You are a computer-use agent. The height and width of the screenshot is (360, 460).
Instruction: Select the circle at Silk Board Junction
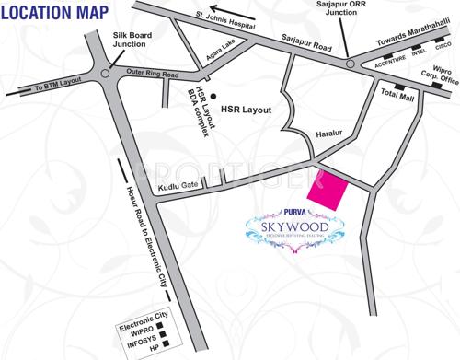[108, 72]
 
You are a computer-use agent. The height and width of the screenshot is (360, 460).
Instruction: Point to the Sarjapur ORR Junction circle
[350, 63]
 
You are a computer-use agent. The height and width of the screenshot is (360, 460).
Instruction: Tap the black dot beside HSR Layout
[213, 95]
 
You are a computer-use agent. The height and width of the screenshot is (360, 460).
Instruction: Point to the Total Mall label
[397, 96]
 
